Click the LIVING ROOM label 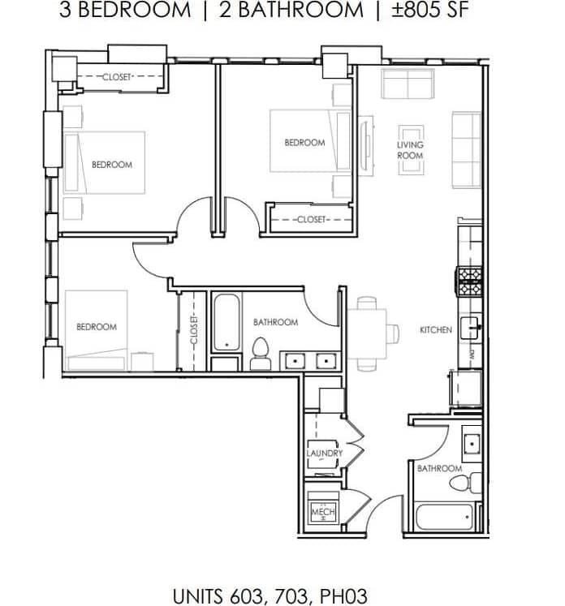[x=410, y=150]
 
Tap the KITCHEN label [x=436, y=330]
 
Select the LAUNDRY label [x=324, y=453]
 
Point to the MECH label [x=322, y=513]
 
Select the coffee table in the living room [x=410, y=150]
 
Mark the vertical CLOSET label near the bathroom [x=194, y=331]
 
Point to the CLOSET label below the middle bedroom [x=310, y=220]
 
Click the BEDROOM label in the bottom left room [x=97, y=327]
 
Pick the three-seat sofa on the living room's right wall [x=466, y=150]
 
